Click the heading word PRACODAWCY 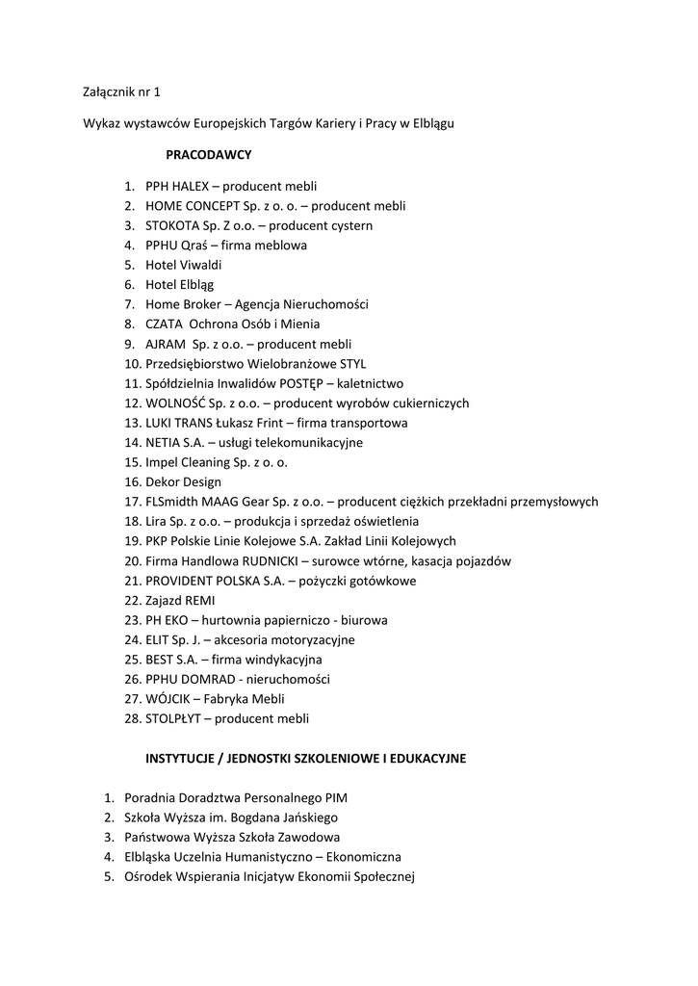[x=209, y=153]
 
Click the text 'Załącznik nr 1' [x=122, y=93]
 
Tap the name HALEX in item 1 [x=190, y=186]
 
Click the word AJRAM [x=165, y=344]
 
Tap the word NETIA [x=163, y=443]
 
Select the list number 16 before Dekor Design [x=132, y=482]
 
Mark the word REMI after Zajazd [x=200, y=601]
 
